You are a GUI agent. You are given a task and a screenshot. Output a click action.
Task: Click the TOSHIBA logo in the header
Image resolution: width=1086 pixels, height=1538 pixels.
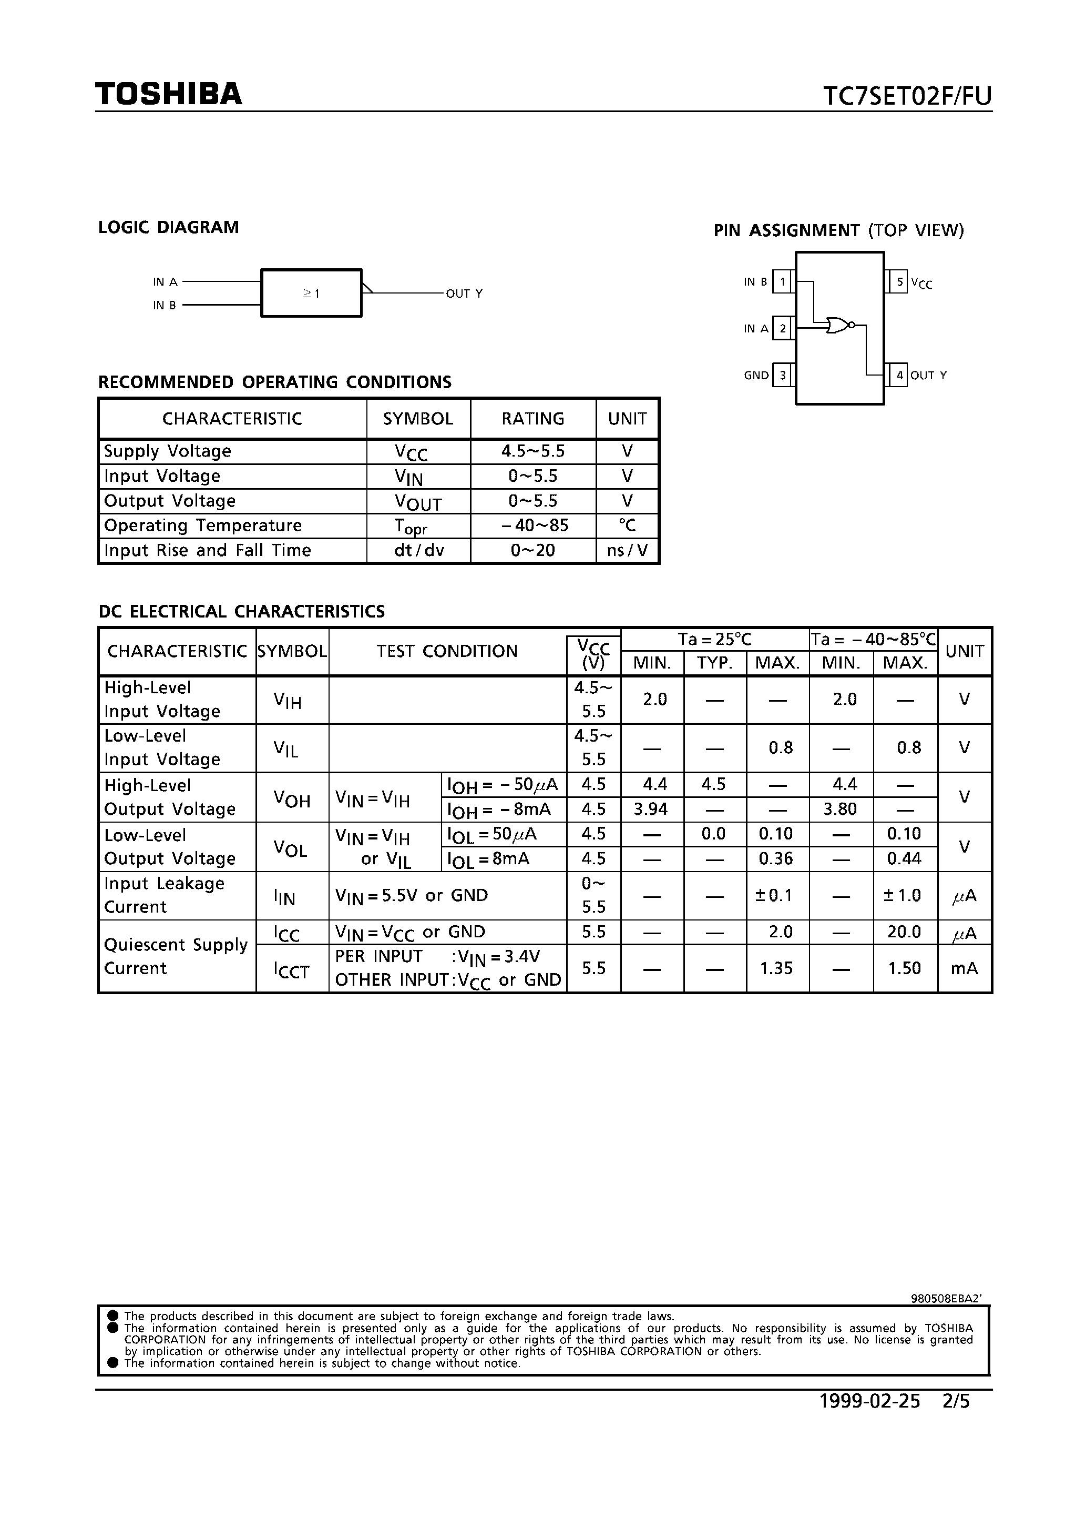[168, 95]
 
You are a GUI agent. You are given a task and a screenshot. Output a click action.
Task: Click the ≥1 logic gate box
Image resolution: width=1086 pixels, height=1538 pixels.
[311, 293]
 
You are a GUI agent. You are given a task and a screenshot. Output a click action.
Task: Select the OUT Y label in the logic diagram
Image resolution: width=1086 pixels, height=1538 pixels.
[464, 294]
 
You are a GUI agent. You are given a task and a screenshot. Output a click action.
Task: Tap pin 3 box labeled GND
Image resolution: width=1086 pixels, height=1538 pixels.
[782, 375]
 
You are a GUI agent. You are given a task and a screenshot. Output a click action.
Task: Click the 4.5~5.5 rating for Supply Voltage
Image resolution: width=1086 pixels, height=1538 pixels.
[533, 451]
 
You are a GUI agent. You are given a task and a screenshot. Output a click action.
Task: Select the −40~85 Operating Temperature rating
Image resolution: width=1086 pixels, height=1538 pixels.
[534, 525]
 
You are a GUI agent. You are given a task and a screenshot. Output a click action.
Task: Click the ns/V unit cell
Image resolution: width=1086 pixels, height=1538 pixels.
[627, 550]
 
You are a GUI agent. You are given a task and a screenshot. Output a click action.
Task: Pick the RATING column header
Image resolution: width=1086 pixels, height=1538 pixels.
[533, 419]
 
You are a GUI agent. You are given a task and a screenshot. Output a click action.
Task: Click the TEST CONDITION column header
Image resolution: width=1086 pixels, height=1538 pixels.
[447, 651]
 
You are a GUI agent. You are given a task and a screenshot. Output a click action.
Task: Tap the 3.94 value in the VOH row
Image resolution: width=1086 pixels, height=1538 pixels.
[651, 809]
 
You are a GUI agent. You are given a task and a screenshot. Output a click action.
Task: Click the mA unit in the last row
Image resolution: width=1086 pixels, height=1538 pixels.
[964, 968]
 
